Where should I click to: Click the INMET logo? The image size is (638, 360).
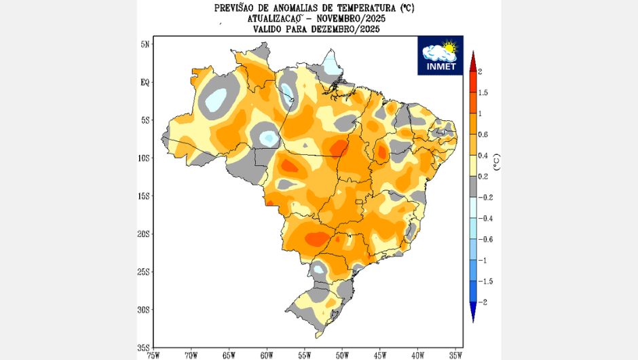click(440, 54)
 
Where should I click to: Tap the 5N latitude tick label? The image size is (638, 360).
click(144, 44)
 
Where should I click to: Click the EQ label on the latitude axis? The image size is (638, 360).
click(144, 82)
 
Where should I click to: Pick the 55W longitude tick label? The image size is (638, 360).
click(304, 354)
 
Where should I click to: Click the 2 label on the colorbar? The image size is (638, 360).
click(480, 71)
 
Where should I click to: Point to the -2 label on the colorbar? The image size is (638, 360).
click(481, 302)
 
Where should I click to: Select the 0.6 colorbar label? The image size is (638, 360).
click(483, 134)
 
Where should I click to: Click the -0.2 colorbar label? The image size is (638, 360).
click(484, 197)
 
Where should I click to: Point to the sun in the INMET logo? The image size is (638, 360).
click(448, 48)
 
